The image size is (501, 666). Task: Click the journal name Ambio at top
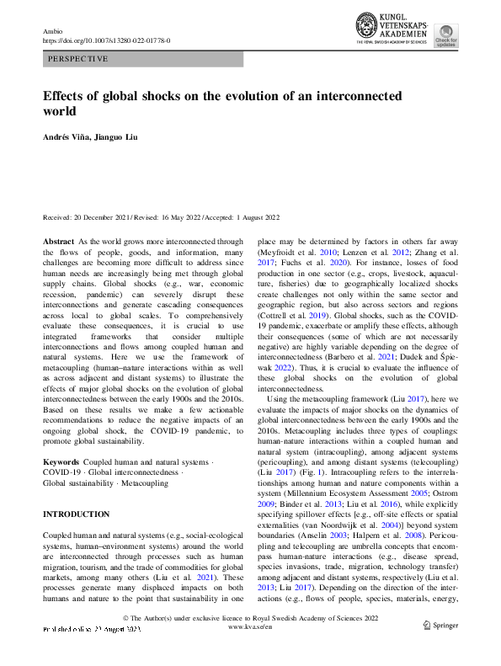(52, 30)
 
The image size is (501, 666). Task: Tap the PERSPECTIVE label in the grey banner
(78, 59)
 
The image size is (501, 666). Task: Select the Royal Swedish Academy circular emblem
(366, 25)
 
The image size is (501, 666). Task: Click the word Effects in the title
(65, 96)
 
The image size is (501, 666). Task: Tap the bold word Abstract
(58, 241)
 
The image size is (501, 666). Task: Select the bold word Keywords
(61, 462)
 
